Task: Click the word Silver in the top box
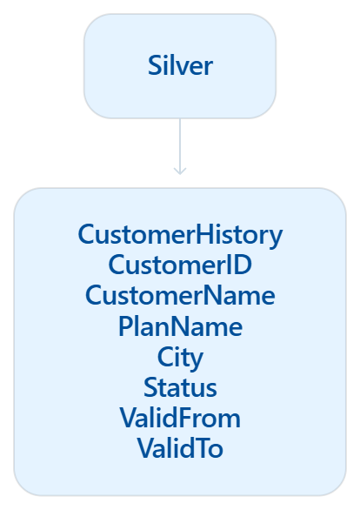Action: pos(180,65)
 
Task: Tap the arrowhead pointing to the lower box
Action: pos(180,171)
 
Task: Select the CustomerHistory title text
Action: pos(180,235)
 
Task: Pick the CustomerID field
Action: pos(180,265)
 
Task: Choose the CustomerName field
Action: pos(180,295)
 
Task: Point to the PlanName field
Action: pos(180,325)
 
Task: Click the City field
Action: pos(180,358)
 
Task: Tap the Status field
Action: pos(180,387)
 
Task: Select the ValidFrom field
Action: pos(180,418)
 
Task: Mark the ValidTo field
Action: pos(180,448)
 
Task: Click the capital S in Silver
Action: pos(154,65)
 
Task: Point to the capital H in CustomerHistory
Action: pos(205,234)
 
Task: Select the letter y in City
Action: pos(196,361)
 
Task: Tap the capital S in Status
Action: pos(150,387)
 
